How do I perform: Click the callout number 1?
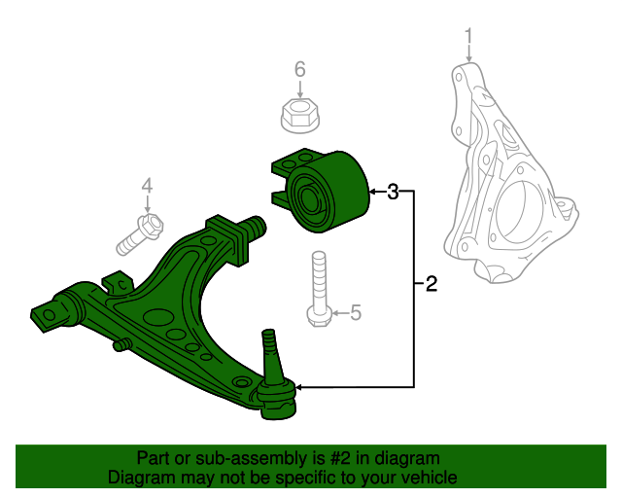click(468, 38)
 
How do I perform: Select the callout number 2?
click(431, 285)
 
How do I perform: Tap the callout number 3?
click(393, 192)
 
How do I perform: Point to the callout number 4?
click(148, 185)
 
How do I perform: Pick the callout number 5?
click(355, 312)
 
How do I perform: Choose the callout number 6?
click(300, 69)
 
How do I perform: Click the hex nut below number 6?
click(298, 115)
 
